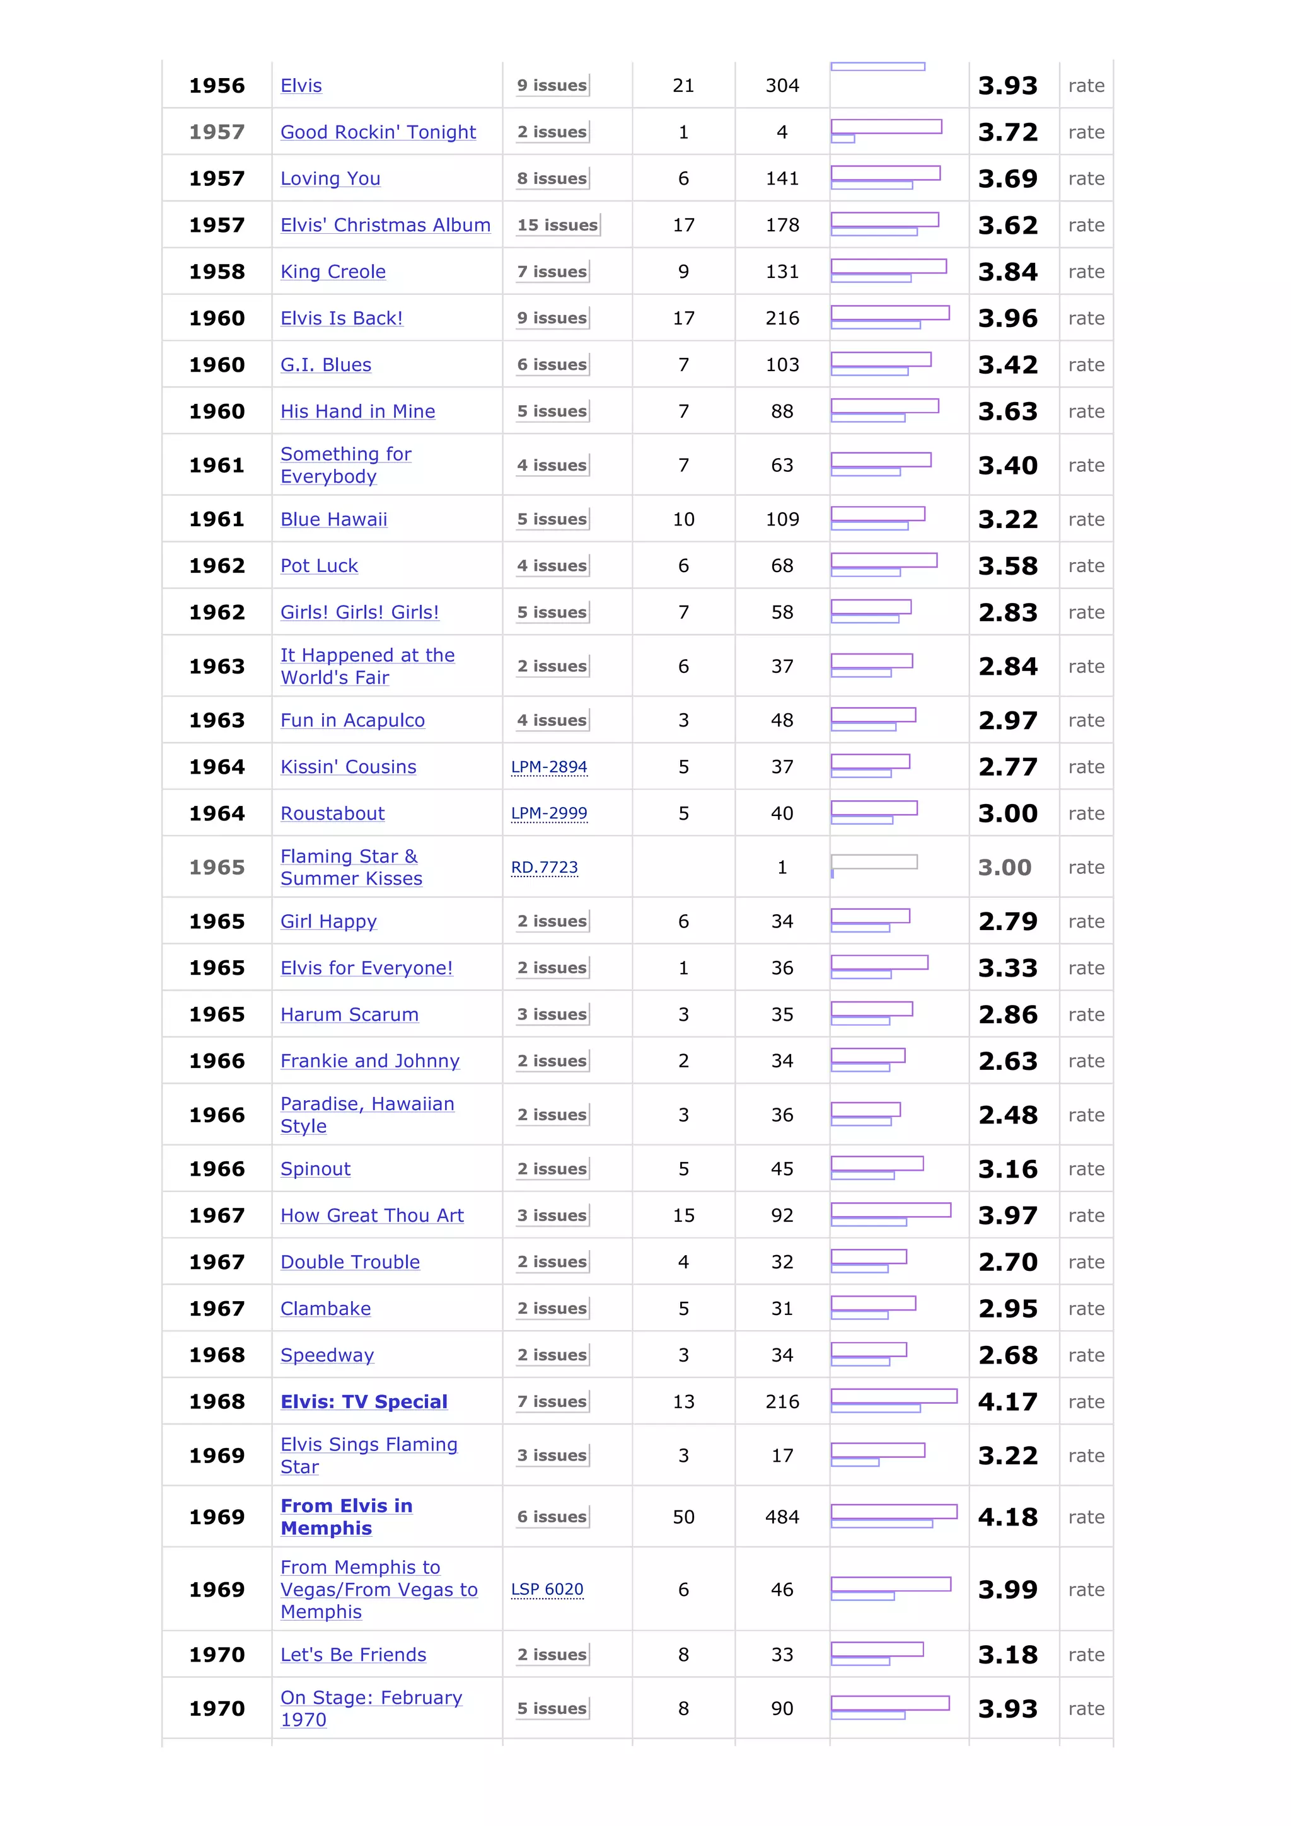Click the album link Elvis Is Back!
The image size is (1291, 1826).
pyautogui.click(x=341, y=318)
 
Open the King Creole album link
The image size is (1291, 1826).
pyautogui.click(x=332, y=272)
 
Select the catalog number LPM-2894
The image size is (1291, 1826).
pyautogui.click(x=549, y=767)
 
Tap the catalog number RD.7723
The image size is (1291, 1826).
pyautogui.click(x=544, y=867)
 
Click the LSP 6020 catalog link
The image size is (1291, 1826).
pyautogui.click(x=547, y=1589)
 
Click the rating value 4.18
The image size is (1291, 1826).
pyautogui.click(x=1007, y=1517)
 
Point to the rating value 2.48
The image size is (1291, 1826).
pyautogui.click(x=1007, y=1115)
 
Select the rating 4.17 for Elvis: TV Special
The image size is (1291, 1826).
pyautogui.click(x=1007, y=1401)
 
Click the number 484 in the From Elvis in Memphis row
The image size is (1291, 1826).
pyautogui.click(x=782, y=1517)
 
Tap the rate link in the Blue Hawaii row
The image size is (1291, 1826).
pyautogui.click(x=1085, y=519)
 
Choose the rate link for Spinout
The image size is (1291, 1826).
pyautogui.click(x=1085, y=1169)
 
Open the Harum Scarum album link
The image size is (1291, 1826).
pyautogui.click(x=349, y=1015)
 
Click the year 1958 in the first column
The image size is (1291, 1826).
pyautogui.click(x=216, y=272)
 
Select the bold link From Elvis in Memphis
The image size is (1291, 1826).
pyautogui.click(x=346, y=1517)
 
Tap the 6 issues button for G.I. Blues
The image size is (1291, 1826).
pyautogui.click(x=552, y=365)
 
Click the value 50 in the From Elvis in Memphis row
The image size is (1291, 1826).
pyautogui.click(x=683, y=1517)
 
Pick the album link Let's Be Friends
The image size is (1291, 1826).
pyautogui.click(x=353, y=1654)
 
